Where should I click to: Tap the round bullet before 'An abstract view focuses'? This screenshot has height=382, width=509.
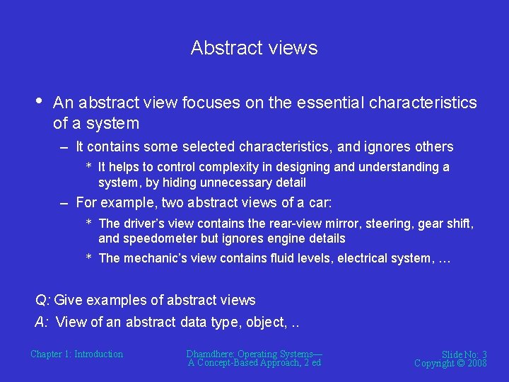38,100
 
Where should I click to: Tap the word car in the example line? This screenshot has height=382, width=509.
319,203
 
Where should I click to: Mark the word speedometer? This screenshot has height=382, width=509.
154,238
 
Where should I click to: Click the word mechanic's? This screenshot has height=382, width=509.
155,258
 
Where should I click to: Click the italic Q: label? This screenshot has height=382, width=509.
44,300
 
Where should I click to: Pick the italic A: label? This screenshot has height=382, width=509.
42,322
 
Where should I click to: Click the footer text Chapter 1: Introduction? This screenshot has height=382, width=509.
76,354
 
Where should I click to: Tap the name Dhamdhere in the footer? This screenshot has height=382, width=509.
210,354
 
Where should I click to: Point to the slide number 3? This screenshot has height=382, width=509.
484,354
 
